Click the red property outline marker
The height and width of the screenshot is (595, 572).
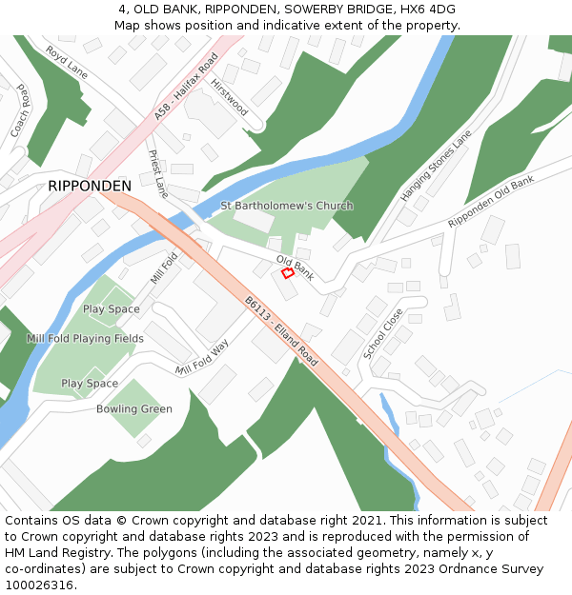(288, 273)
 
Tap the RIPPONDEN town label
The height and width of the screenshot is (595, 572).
(90, 186)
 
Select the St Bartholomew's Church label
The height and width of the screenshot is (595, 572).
(286, 206)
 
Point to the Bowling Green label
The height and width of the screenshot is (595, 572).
(134, 409)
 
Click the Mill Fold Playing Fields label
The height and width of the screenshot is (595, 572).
(86, 339)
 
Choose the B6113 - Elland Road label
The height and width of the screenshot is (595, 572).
(280, 330)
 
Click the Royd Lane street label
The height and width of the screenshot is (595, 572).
(67, 63)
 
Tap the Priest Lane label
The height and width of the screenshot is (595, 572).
(157, 173)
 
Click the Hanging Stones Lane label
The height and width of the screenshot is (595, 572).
(436, 166)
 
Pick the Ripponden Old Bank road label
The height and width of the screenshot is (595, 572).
(491, 202)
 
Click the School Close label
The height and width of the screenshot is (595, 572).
(382, 333)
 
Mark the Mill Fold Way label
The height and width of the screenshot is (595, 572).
(202, 358)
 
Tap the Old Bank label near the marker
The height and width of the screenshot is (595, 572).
(295, 268)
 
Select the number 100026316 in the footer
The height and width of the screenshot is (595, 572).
(38, 585)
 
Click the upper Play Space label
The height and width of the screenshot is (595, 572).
(111, 309)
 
